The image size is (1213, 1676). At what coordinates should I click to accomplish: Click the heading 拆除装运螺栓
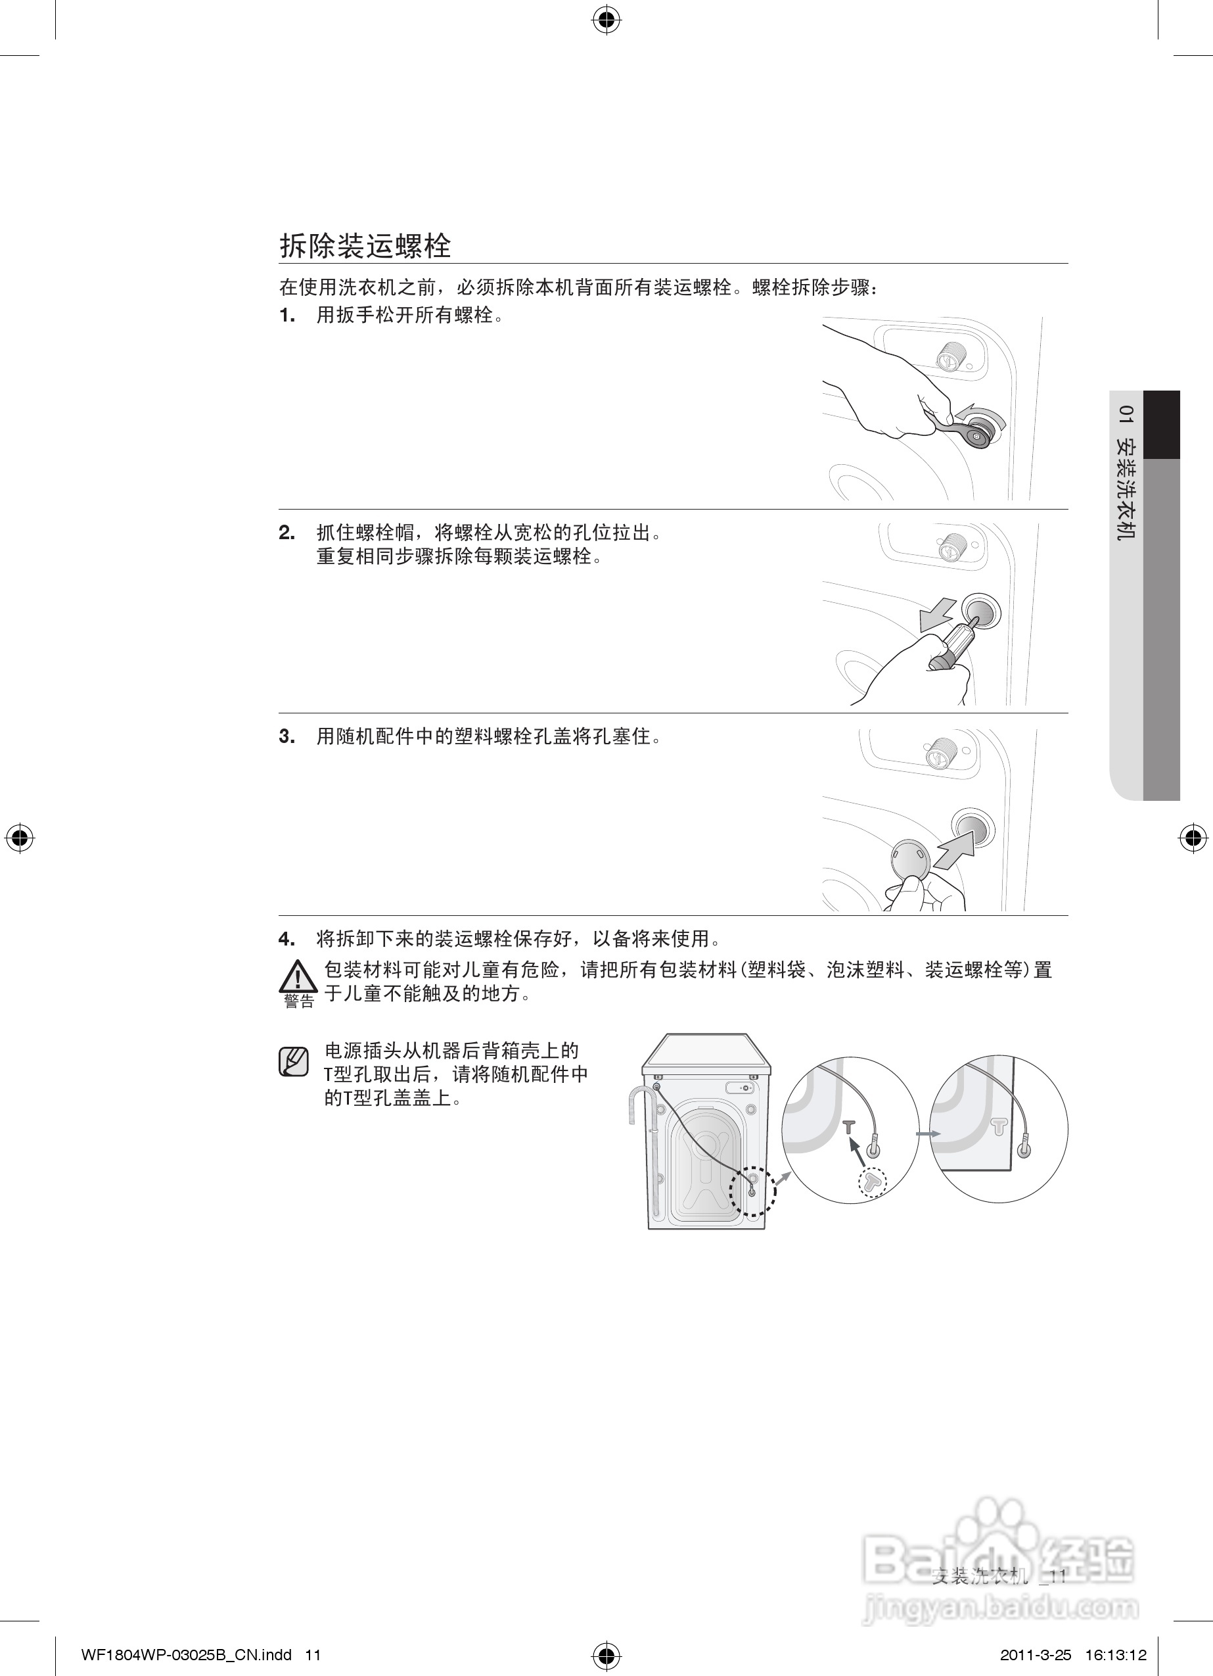click(x=365, y=246)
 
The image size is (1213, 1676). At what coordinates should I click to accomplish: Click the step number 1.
click(x=286, y=316)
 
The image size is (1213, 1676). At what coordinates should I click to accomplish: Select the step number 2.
click(x=286, y=533)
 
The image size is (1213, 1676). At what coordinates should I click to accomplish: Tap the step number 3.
click(x=286, y=737)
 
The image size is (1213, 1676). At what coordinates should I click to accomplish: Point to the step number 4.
click(x=286, y=939)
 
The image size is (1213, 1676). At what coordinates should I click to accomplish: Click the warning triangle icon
click(x=298, y=977)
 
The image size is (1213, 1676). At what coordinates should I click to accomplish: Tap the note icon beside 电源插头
click(x=293, y=1062)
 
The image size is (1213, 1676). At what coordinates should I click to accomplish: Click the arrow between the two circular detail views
click(x=928, y=1134)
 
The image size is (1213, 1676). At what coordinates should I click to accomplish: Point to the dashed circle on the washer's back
click(x=752, y=1191)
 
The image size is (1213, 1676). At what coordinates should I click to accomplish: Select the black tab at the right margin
click(x=1161, y=424)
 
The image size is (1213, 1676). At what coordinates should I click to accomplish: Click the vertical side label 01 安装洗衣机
click(x=1126, y=472)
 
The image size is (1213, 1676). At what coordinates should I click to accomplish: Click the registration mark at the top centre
click(x=606, y=22)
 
